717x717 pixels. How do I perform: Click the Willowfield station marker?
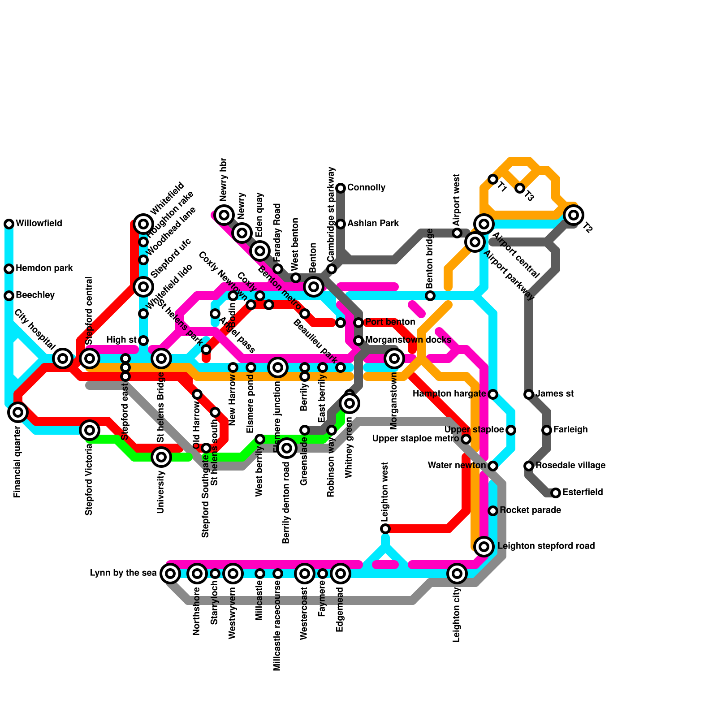tap(9, 224)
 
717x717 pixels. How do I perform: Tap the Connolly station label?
tap(366, 187)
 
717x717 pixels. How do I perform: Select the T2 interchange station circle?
tap(574, 215)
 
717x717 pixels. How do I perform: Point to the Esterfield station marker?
tap(556, 493)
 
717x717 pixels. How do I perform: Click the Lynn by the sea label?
tap(123, 573)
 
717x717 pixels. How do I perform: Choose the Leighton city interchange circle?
tap(457, 574)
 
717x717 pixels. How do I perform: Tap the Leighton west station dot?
tap(385, 529)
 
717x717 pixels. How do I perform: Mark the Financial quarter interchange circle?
tap(18, 412)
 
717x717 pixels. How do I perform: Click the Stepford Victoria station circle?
tap(90, 430)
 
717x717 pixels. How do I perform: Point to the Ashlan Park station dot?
tap(341, 224)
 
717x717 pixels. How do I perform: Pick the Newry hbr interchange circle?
tap(224, 215)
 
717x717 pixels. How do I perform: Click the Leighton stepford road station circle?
tap(484, 547)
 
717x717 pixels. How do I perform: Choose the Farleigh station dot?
tap(547, 430)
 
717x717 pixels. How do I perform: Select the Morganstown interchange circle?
tap(394, 358)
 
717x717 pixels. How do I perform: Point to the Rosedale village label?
tap(570, 466)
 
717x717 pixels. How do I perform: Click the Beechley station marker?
tap(9, 296)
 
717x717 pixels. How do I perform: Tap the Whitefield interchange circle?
tap(143, 224)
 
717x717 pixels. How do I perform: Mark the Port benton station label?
tap(390, 322)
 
